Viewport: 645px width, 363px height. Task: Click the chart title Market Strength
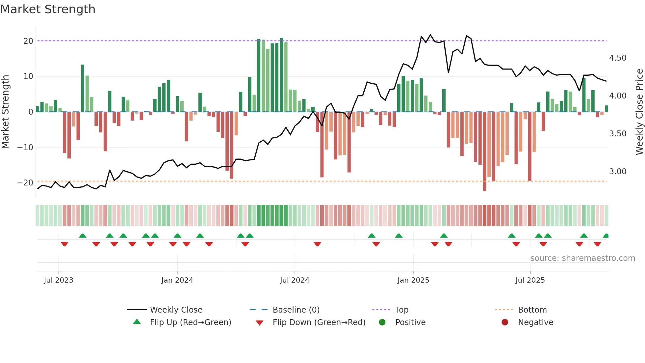click(48, 9)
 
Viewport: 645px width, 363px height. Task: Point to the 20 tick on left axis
click(28, 41)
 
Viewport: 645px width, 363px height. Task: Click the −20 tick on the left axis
click(25, 183)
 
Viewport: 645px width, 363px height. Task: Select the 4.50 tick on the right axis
click(618, 58)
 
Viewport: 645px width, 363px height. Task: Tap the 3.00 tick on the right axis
click(618, 172)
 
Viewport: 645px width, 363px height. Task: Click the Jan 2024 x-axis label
click(177, 280)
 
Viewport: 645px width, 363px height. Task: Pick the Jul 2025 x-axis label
click(530, 280)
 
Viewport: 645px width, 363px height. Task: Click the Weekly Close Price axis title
click(639, 112)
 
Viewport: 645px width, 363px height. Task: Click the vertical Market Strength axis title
click(5, 112)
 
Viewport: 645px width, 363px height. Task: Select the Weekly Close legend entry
click(176, 310)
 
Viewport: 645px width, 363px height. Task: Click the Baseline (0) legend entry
click(296, 310)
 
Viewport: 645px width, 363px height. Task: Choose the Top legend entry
click(402, 310)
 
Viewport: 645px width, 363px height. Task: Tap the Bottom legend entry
click(532, 310)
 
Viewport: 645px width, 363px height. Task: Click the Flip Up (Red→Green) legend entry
click(191, 322)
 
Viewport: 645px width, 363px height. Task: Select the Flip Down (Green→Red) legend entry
click(319, 322)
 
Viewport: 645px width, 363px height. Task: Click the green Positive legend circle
click(382, 322)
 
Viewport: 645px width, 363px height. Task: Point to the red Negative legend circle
click(505, 322)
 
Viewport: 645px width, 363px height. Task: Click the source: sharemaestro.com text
click(582, 258)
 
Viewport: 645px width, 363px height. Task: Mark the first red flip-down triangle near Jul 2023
click(64, 244)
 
